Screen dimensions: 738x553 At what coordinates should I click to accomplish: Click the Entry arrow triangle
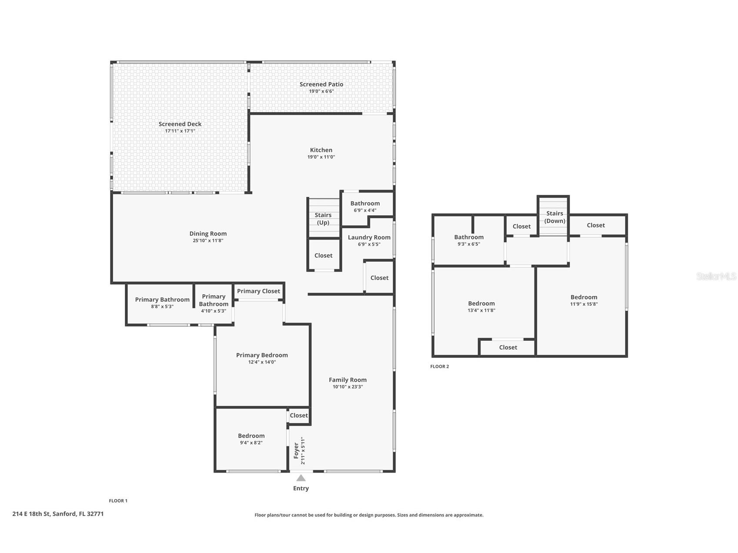(x=301, y=478)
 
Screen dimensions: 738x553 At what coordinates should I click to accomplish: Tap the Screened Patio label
(x=321, y=84)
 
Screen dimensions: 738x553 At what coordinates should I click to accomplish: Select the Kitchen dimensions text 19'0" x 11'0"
(x=321, y=157)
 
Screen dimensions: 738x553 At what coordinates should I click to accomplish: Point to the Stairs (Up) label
(x=323, y=219)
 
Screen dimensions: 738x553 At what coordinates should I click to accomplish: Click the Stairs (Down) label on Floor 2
(x=555, y=217)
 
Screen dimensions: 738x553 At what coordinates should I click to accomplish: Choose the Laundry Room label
(x=369, y=237)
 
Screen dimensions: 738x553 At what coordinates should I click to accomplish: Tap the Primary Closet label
(x=259, y=291)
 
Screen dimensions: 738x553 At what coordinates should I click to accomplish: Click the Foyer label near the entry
(x=296, y=451)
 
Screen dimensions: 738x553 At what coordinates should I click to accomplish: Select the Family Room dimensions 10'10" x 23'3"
(x=348, y=387)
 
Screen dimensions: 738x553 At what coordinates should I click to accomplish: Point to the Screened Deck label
(x=180, y=124)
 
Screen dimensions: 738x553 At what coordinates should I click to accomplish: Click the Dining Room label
(x=208, y=233)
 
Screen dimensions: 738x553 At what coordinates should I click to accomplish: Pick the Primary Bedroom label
(x=262, y=355)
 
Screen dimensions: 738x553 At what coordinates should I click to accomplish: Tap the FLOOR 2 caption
(x=440, y=366)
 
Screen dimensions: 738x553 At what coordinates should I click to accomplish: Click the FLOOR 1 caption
(x=118, y=501)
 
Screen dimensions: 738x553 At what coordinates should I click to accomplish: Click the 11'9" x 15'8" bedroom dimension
(x=584, y=304)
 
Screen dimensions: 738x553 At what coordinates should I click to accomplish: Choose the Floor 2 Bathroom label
(x=469, y=237)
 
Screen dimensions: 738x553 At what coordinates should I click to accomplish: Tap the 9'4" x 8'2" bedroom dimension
(x=251, y=443)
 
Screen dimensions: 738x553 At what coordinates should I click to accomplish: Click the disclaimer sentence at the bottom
(x=369, y=515)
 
